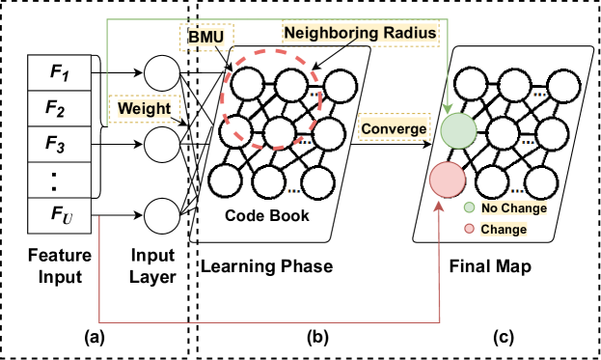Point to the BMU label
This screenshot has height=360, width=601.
[206, 38]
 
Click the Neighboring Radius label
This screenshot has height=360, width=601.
[360, 33]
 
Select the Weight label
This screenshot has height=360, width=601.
[144, 109]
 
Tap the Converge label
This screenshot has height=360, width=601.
[393, 128]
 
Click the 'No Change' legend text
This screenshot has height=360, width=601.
[513, 208]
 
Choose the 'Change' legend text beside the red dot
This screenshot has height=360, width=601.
[504, 230]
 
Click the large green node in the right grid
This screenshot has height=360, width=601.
[459, 130]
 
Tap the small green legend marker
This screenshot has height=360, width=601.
[469, 208]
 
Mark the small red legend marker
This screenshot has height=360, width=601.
[469, 229]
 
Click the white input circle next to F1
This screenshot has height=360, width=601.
[162, 73]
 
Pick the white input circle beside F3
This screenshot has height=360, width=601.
[162, 145]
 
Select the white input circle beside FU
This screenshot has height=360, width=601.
[162, 216]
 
